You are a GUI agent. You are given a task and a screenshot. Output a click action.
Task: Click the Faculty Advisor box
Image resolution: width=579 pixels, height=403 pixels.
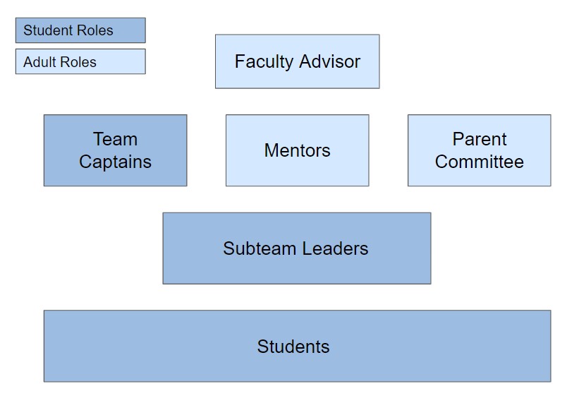(x=297, y=61)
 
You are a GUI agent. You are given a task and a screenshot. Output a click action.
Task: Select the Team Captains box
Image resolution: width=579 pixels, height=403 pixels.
(x=115, y=150)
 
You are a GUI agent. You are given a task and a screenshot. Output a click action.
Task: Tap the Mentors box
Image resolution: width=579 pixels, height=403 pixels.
(x=297, y=150)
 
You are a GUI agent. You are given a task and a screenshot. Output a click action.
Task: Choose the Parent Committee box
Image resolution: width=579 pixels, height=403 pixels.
(x=480, y=150)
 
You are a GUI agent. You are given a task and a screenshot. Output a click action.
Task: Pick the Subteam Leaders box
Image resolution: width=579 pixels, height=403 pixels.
(x=297, y=248)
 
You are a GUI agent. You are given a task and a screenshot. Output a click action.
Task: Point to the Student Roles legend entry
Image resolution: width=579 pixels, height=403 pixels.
(x=80, y=30)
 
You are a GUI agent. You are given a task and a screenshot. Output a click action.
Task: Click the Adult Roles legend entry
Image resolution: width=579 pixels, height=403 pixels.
(x=80, y=61)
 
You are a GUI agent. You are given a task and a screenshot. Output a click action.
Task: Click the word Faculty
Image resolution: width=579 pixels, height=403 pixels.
(x=264, y=61)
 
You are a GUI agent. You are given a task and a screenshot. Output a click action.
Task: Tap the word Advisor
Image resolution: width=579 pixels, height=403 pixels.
(x=330, y=61)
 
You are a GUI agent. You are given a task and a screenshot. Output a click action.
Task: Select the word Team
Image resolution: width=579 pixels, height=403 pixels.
(x=115, y=139)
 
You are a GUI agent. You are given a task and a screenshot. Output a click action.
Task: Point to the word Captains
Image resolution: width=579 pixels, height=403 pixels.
(x=115, y=162)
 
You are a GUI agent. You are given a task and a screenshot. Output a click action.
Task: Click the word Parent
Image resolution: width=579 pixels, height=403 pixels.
(x=480, y=139)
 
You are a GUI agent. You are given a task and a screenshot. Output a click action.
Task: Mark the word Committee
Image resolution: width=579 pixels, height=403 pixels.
(x=480, y=162)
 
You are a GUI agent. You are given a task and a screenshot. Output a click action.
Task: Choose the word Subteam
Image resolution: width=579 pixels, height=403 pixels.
(x=260, y=248)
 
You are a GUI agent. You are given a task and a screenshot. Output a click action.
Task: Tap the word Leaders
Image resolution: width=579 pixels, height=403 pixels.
(x=335, y=248)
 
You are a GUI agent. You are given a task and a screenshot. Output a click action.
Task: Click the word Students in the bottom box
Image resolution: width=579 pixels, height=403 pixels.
(x=293, y=347)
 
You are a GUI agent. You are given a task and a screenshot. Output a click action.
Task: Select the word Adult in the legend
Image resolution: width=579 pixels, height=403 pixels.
(x=39, y=62)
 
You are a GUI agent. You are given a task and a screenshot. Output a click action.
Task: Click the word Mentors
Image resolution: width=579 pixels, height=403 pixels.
(x=297, y=150)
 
